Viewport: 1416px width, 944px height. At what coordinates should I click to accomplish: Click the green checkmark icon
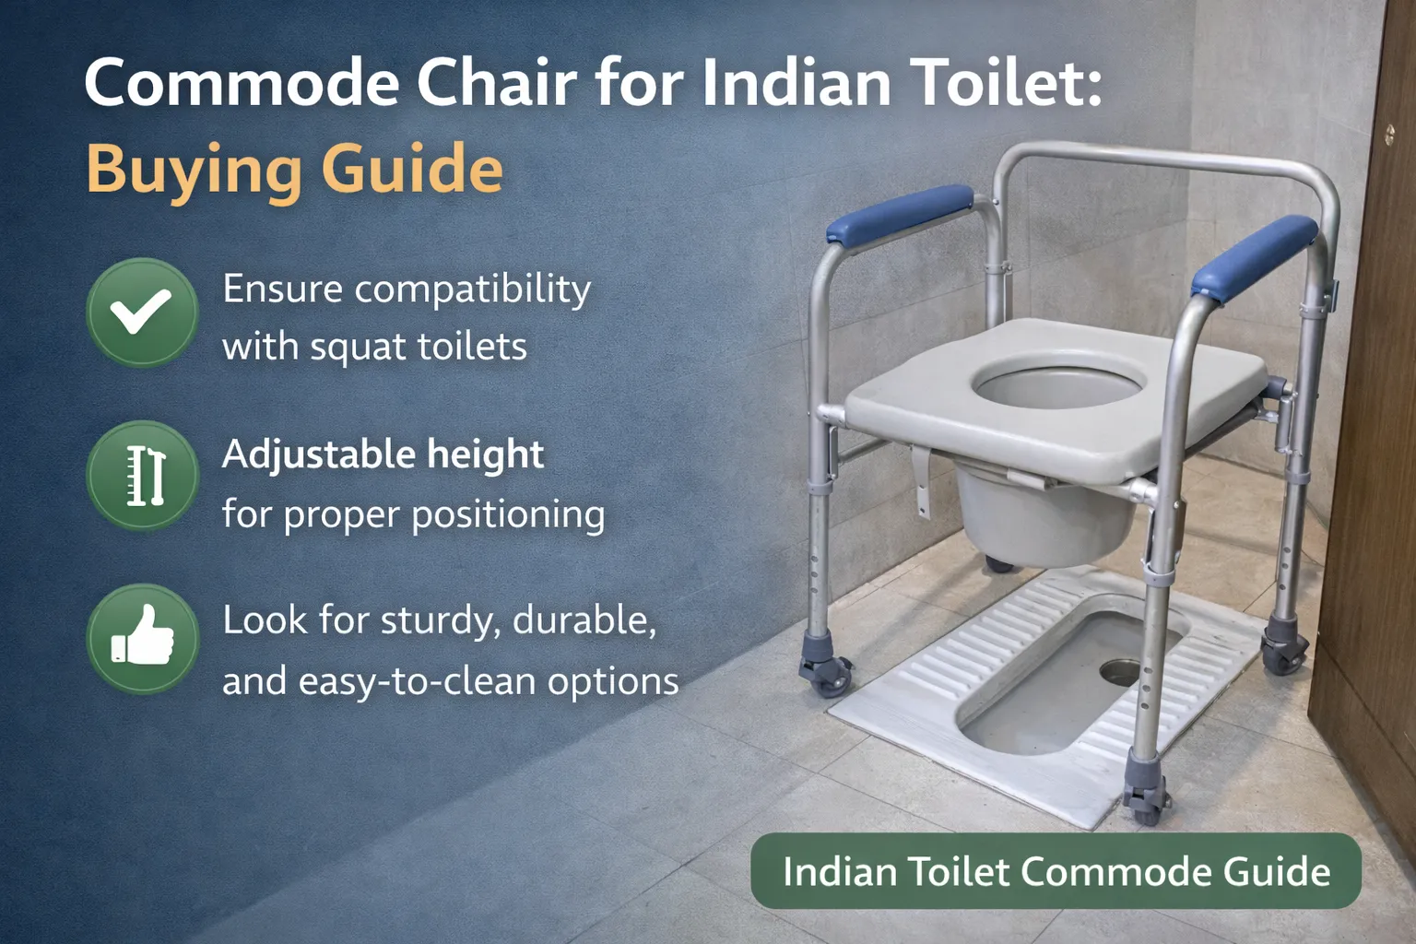(142, 313)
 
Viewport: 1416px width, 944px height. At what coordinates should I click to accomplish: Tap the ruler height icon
(143, 476)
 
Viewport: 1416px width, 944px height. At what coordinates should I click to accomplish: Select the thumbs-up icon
(143, 638)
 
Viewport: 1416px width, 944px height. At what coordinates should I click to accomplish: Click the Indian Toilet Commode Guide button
(1056, 871)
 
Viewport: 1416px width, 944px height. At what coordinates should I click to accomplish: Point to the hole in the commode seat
(1058, 382)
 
